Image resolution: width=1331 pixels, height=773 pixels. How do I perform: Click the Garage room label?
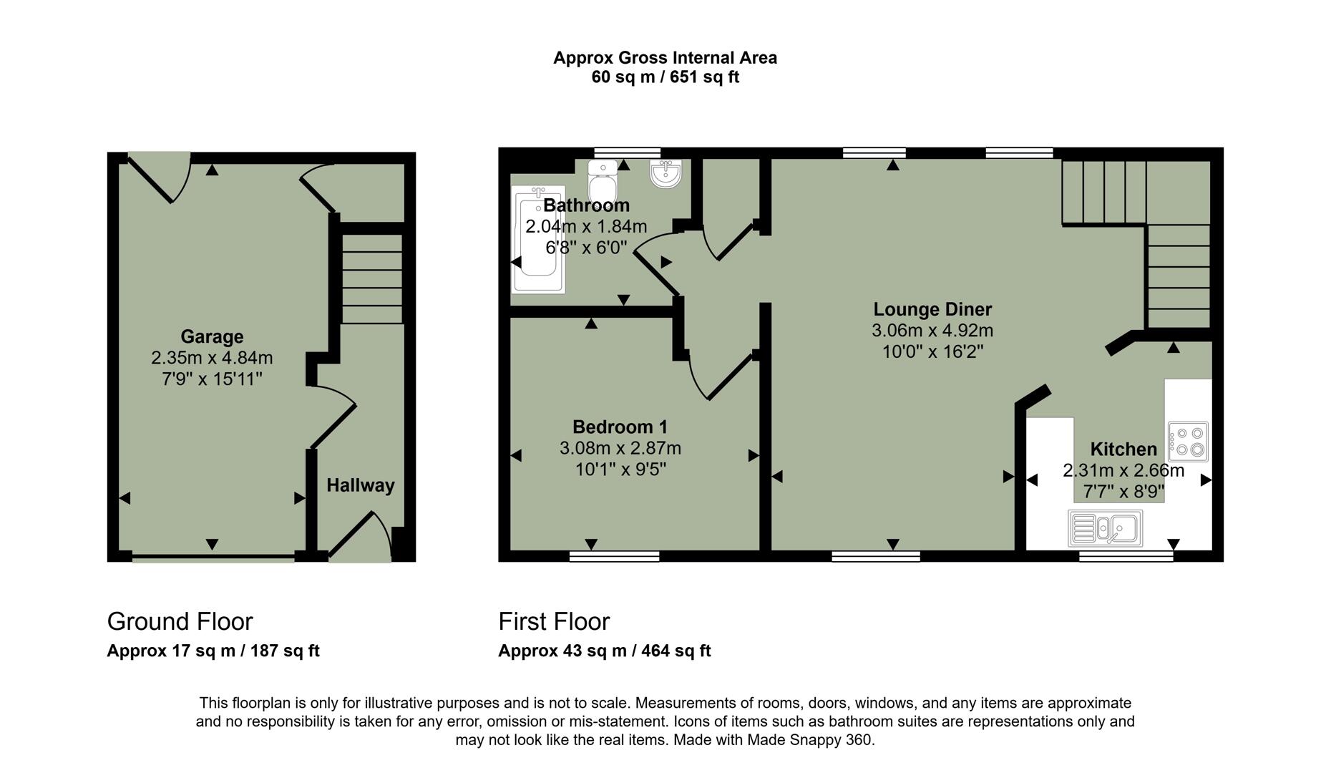[212, 336]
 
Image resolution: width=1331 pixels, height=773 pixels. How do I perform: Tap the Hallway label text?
[361, 485]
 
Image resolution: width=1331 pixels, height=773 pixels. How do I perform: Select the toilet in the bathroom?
[603, 182]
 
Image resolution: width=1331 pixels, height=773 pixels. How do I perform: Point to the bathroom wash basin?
[666, 173]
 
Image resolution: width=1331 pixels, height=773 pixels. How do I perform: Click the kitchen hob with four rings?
[1189, 442]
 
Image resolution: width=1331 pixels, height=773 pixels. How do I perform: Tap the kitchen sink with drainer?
[1106, 529]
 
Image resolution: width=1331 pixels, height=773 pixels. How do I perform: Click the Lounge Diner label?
[932, 309]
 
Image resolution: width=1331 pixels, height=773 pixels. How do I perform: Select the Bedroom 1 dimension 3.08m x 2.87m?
[620, 448]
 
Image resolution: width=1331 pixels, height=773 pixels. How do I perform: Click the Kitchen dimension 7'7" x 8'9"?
[1123, 492]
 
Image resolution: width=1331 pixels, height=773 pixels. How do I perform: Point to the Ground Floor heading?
[180, 621]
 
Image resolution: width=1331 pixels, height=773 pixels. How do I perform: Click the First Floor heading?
[554, 621]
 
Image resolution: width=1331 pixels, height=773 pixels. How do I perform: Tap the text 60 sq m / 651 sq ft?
[665, 77]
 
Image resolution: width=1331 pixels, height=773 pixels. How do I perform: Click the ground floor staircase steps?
[371, 279]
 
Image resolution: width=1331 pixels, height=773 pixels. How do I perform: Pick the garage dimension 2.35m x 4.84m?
[212, 358]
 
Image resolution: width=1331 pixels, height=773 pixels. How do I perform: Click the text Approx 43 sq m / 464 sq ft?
[604, 651]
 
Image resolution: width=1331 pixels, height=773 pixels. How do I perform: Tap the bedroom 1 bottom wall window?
[614, 555]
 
